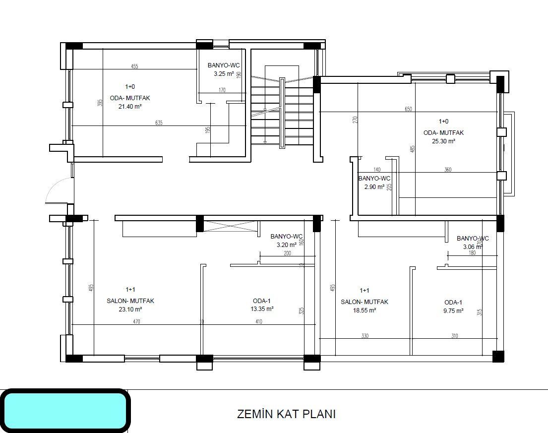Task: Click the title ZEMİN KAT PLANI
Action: click(286, 414)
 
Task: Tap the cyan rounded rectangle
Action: click(64, 411)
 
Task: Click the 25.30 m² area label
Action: click(443, 141)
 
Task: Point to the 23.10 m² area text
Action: click(130, 309)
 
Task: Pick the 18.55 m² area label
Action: click(364, 310)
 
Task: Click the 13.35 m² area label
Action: click(262, 309)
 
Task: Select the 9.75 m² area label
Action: click(453, 311)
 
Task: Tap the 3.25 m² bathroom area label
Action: click(223, 74)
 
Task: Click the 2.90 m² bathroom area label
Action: click(374, 187)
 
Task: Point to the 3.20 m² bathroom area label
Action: click(284, 245)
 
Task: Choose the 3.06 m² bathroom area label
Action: click(472, 247)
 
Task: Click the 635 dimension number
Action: click(159, 123)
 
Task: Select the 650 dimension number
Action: click(408, 109)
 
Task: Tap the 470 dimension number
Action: click(136, 322)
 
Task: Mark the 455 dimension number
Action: click(134, 66)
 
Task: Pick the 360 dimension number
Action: click(448, 170)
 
